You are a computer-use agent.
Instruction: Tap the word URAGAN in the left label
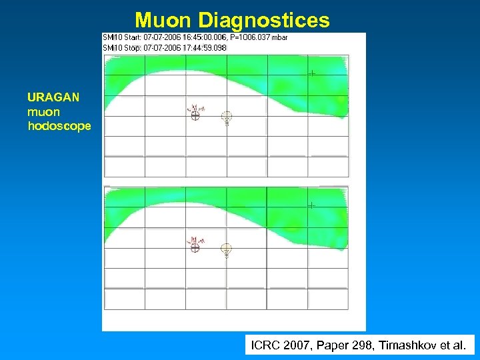53,97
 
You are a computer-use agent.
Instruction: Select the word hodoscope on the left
59,125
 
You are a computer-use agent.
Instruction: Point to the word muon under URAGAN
43,111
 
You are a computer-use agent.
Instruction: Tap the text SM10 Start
119,38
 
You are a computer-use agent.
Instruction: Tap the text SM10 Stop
119,47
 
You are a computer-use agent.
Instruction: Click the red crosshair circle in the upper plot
195,115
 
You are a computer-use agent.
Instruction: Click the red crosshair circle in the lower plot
195,247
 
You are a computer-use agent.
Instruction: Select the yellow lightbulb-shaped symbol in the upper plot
227,117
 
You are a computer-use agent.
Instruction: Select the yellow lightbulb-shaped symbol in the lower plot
227,249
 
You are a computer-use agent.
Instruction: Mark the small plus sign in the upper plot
311,73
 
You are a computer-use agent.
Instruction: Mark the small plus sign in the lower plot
311,205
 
